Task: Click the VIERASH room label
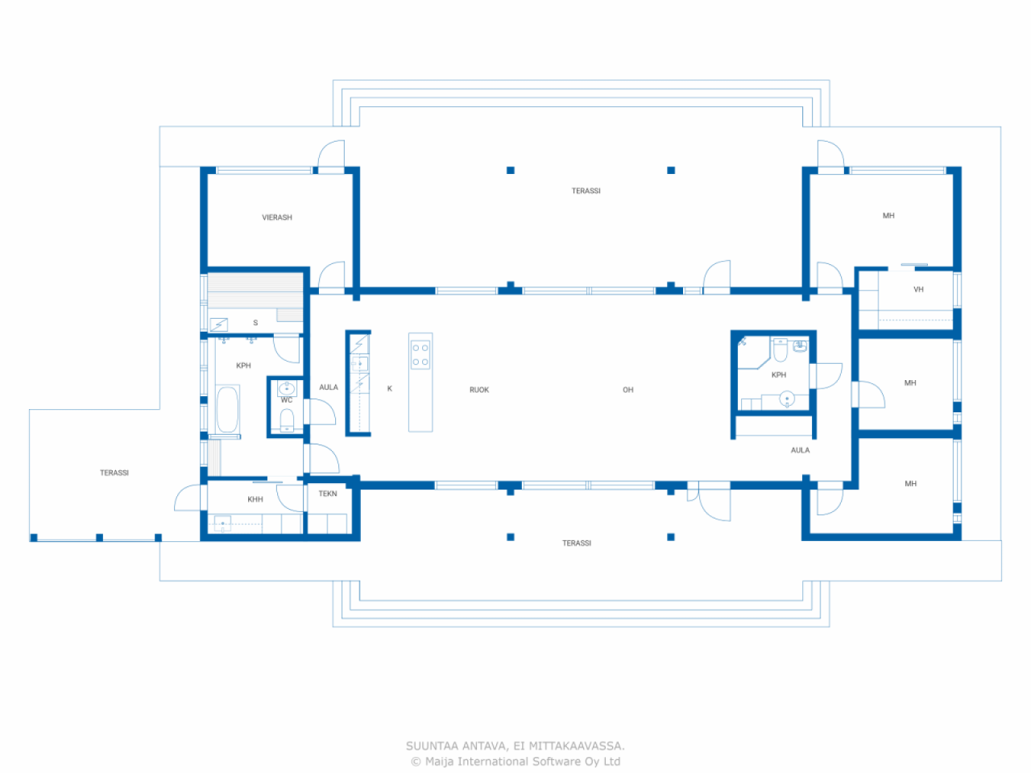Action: click(276, 217)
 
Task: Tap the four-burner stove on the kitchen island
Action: click(420, 354)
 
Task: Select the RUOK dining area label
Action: click(479, 390)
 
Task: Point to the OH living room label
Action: click(628, 390)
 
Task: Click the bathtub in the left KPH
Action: click(227, 409)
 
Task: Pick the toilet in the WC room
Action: click(287, 420)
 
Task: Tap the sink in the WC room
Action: click(287, 389)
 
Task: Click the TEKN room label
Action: click(328, 494)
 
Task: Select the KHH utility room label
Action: click(255, 499)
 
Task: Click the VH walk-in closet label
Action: click(918, 289)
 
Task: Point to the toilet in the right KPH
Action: click(780, 349)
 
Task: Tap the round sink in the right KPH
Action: click(787, 399)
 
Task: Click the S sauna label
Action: click(255, 322)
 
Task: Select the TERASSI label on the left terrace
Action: click(114, 473)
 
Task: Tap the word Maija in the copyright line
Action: click(440, 761)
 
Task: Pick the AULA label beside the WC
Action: click(329, 387)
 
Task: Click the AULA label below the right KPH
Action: click(801, 450)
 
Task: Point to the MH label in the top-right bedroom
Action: click(888, 216)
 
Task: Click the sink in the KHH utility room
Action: click(222, 523)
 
